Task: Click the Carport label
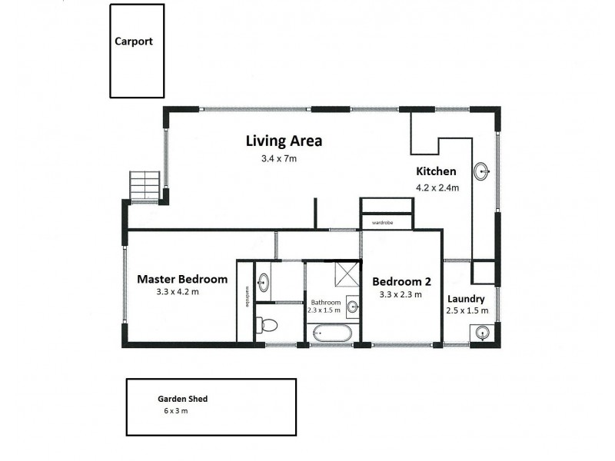pos(134,41)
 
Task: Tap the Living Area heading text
pos(284,141)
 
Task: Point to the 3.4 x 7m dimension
pos(278,159)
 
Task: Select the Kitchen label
pos(436,171)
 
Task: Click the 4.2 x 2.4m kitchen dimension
pos(437,187)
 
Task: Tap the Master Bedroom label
pos(182,279)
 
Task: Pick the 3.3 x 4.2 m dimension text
pos(178,292)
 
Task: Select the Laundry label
pos(465,299)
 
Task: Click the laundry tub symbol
pos(481,332)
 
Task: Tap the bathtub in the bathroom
pos(330,333)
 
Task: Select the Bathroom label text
pos(325,303)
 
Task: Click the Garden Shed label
pos(183,399)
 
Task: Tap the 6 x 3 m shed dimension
pos(175,411)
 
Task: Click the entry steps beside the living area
pos(145,186)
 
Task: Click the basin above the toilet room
pos(262,281)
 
